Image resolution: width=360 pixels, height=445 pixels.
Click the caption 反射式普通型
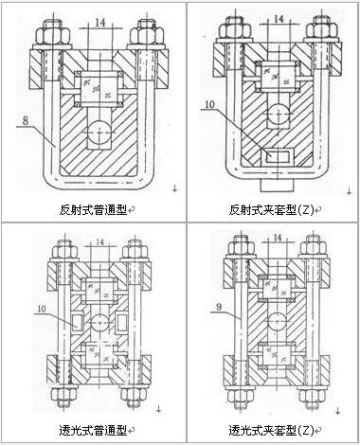coord(86,207)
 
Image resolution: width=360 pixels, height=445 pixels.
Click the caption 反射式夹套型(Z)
coord(268,207)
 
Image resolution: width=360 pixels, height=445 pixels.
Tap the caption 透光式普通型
coord(86,429)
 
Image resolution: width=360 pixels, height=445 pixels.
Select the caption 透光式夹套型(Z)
coord(268,429)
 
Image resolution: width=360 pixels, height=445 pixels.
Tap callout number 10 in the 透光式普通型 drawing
coord(40,307)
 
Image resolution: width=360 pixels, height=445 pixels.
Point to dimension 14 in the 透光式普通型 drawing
coord(90,244)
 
